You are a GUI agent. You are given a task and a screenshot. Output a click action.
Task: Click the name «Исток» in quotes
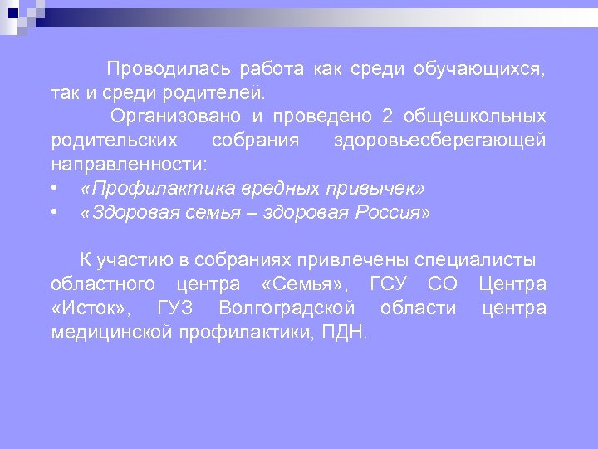tap(89, 309)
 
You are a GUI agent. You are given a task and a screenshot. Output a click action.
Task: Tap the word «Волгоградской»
tap(287, 309)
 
